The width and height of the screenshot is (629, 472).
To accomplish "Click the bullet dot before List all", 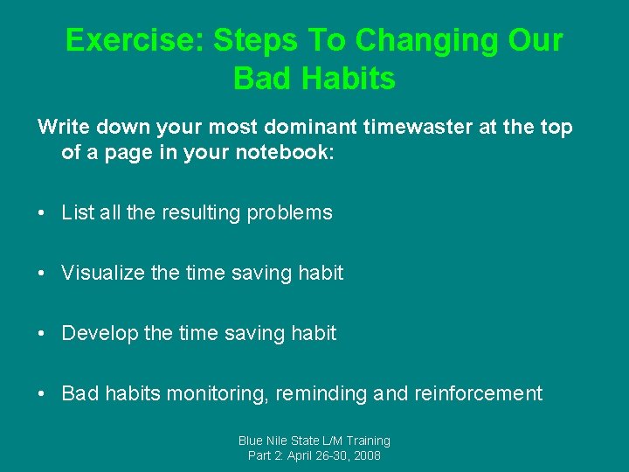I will coord(43,212).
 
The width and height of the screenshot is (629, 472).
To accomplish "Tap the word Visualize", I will coord(103,273).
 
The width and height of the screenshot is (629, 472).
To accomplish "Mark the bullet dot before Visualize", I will coord(43,273).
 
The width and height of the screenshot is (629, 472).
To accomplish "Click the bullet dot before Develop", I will coord(43,333).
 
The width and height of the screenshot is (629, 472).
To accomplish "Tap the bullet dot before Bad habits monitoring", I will coord(43,393).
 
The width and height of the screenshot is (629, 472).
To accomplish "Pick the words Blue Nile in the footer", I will coord(265,441).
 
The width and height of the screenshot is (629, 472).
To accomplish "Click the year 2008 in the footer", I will coord(366,455).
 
